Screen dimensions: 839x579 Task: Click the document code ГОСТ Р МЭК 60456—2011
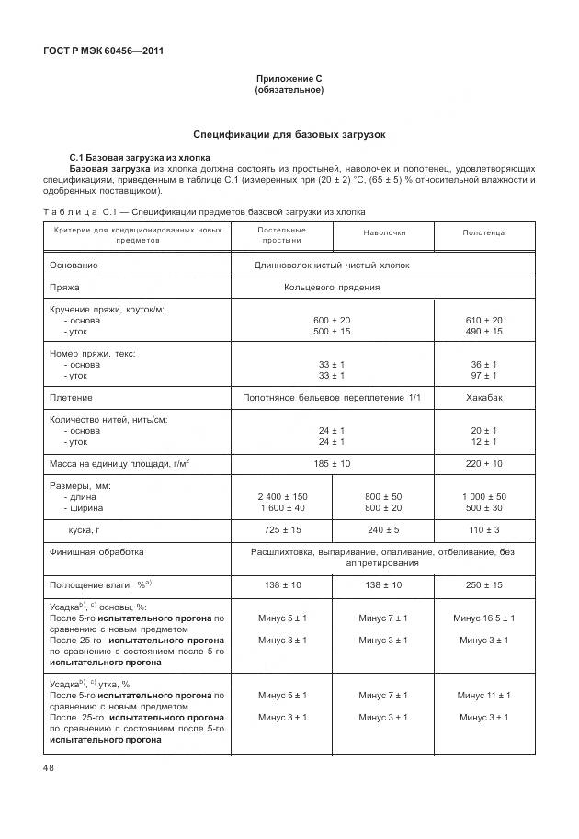point(103,51)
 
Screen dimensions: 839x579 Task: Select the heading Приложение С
point(289,79)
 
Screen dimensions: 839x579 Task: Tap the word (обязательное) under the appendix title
point(289,90)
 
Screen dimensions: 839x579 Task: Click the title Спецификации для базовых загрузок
point(289,134)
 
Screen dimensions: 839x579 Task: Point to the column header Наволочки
point(384,233)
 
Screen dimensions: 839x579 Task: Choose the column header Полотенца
point(483,233)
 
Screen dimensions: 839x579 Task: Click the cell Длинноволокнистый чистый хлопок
point(332,265)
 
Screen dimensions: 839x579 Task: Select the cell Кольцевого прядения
point(332,287)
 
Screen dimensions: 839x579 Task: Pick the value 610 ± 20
point(484,320)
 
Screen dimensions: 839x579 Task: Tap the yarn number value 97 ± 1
point(484,376)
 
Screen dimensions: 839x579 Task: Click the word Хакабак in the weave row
point(484,397)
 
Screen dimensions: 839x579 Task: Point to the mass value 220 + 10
point(484,464)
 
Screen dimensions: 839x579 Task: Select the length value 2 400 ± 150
point(282,496)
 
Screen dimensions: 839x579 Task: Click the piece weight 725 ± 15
point(282,530)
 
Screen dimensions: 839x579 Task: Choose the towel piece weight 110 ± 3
point(484,530)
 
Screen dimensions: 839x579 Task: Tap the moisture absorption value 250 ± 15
point(484,584)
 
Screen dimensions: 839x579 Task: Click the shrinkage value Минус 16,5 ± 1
point(484,618)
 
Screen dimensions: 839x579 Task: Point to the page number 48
point(49,768)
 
